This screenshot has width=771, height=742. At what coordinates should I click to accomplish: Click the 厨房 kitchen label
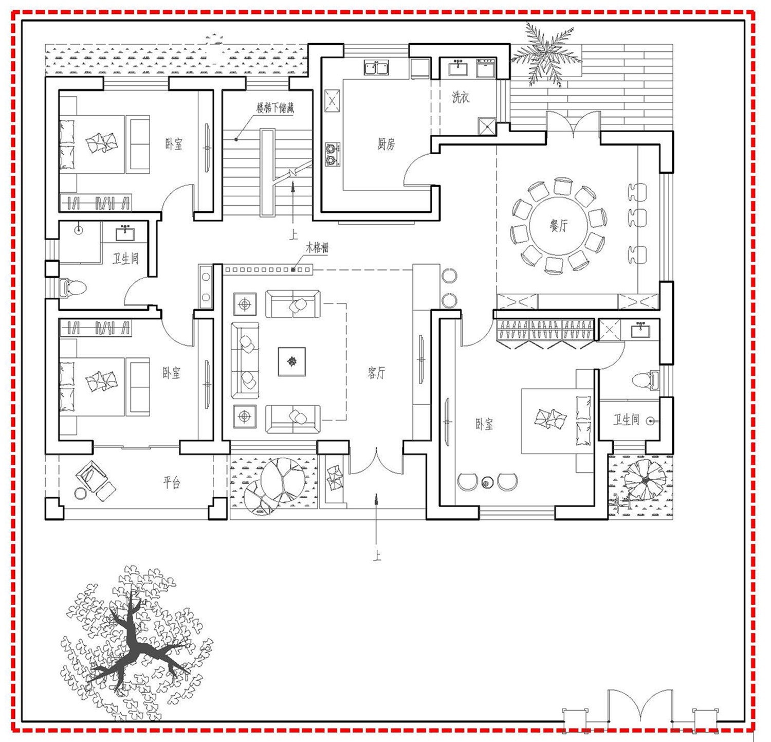(386, 144)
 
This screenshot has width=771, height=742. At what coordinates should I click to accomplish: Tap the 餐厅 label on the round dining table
(559, 225)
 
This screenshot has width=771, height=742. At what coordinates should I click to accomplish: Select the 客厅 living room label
(376, 373)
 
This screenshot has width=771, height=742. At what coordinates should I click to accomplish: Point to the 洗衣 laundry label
(461, 97)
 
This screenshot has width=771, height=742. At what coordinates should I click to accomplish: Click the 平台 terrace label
(172, 482)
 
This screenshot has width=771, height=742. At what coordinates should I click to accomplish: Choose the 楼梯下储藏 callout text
(276, 108)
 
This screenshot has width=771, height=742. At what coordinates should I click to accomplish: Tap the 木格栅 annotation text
(317, 248)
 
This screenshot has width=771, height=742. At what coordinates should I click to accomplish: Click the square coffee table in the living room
(292, 361)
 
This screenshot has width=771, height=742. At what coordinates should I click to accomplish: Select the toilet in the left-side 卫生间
(72, 287)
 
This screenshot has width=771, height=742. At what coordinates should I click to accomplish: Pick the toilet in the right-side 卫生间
(646, 380)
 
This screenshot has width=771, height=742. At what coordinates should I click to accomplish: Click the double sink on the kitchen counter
(376, 67)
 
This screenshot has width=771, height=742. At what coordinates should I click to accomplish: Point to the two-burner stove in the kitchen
(333, 154)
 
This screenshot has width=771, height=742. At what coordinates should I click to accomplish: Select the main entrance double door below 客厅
(376, 461)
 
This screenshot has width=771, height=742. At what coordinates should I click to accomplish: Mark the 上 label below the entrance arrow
(377, 556)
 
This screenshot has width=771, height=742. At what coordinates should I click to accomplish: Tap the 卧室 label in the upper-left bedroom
(174, 144)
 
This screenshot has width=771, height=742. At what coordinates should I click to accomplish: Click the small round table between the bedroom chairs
(487, 482)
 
